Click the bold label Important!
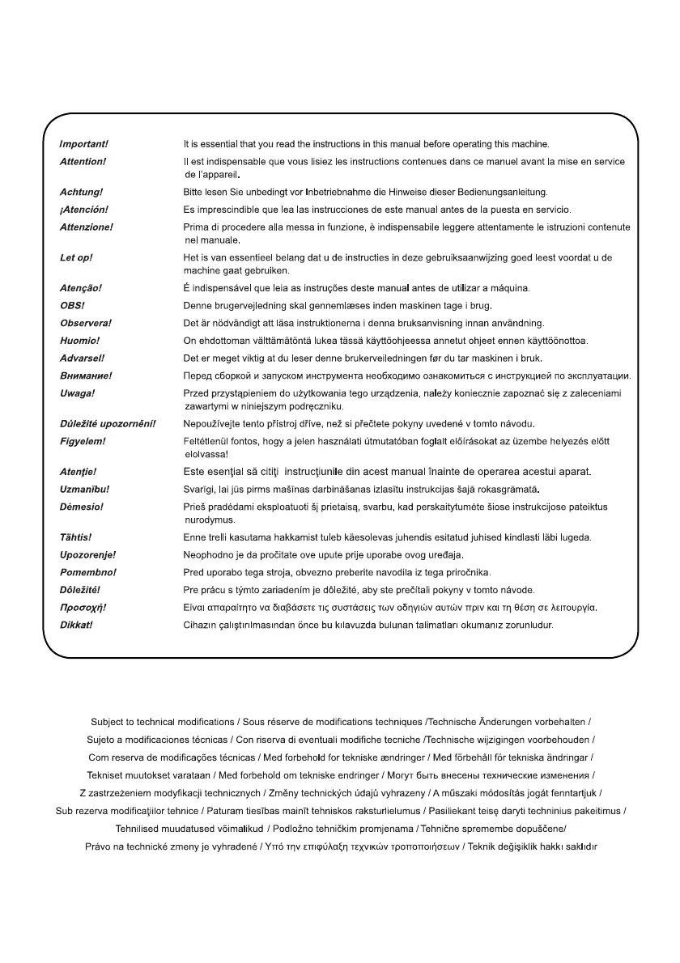(x=83, y=144)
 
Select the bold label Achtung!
(x=81, y=193)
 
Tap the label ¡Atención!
(x=84, y=210)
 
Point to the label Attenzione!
(x=87, y=227)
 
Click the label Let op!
(x=76, y=257)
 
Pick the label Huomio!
(x=79, y=340)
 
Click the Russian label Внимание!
(x=86, y=375)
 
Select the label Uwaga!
(x=78, y=392)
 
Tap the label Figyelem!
(x=83, y=441)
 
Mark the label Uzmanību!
(x=85, y=490)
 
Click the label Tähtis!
(x=76, y=537)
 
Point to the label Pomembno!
(x=88, y=572)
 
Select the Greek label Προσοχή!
(x=83, y=607)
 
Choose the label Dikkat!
(x=76, y=625)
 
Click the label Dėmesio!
(x=82, y=507)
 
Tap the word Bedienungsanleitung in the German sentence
(x=501, y=193)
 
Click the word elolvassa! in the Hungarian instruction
(x=206, y=454)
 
